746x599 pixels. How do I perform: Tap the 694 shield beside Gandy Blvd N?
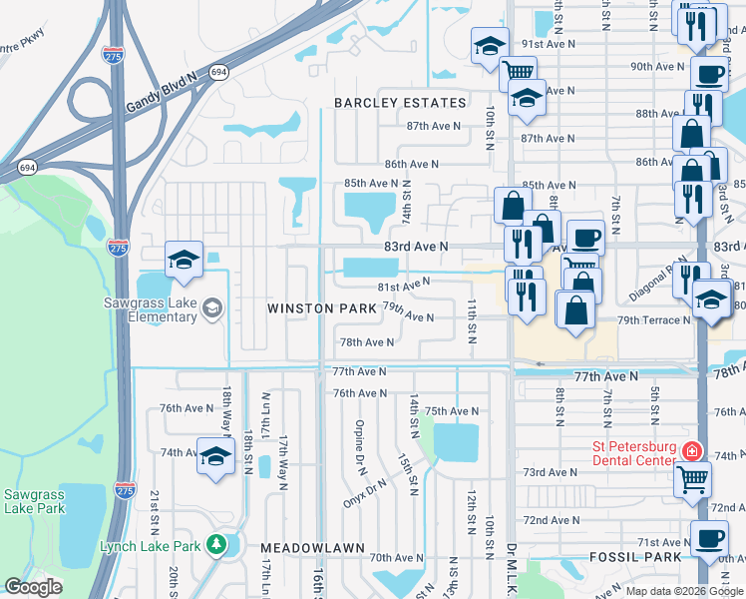tap(218, 73)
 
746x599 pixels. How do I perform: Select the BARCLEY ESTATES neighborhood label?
tap(400, 103)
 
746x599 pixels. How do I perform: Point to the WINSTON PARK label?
tap(322, 308)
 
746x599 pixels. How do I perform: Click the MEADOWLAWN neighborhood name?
tap(303, 548)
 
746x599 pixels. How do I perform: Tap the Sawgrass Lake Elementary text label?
tap(149, 309)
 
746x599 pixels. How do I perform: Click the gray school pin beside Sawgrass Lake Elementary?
tap(211, 308)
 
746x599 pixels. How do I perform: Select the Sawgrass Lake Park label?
tap(34, 501)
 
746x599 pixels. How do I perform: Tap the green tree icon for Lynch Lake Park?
tap(216, 545)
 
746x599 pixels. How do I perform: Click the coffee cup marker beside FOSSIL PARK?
tap(709, 539)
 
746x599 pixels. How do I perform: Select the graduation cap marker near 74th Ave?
tap(214, 457)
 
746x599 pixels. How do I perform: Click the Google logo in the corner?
tap(34, 587)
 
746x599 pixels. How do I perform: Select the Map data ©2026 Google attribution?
tap(684, 591)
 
